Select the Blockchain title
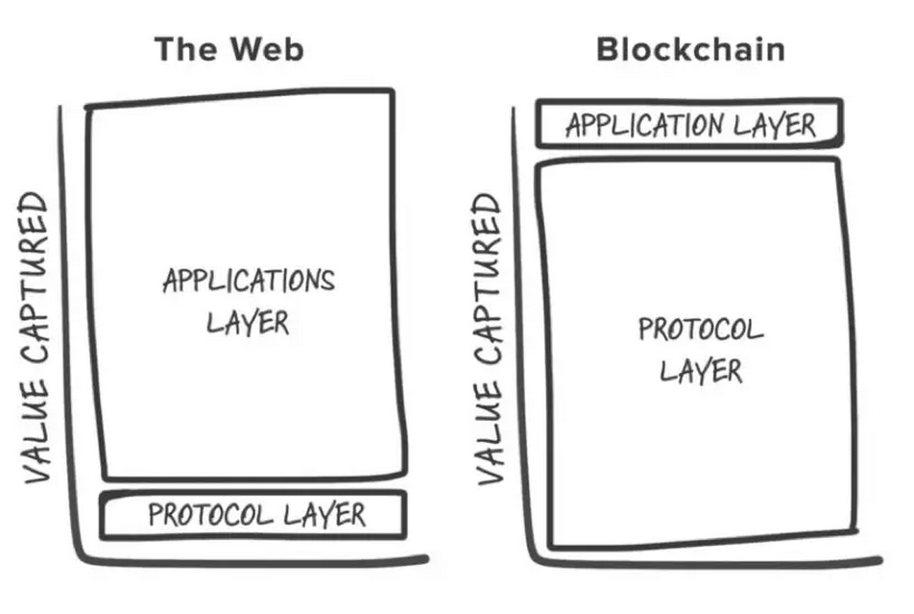[690, 49]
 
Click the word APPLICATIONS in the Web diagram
[249, 281]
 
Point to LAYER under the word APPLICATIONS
[248, 323]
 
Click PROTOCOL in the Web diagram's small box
[211, 515]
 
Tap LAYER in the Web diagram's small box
[325, 515]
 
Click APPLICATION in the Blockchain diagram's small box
[644, 125]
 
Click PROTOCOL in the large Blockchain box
[701, 330]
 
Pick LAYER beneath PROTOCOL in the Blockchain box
[701, 371]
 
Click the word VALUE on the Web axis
[36, 430]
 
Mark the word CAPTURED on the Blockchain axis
[489, 279]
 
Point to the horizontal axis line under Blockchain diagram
[707, 564]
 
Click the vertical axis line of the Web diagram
[66, 332]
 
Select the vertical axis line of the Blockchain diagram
[520, 332]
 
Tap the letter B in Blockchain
[608, 50]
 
